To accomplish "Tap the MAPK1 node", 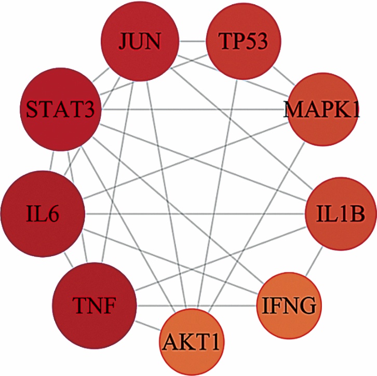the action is (322, 110).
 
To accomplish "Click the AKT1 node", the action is (193, 342).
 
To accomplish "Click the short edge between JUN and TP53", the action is (192, 41).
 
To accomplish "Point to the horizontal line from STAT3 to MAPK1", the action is (192, 109).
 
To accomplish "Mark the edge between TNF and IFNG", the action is (197, 305).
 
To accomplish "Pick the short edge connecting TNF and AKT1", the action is (148, 327).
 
